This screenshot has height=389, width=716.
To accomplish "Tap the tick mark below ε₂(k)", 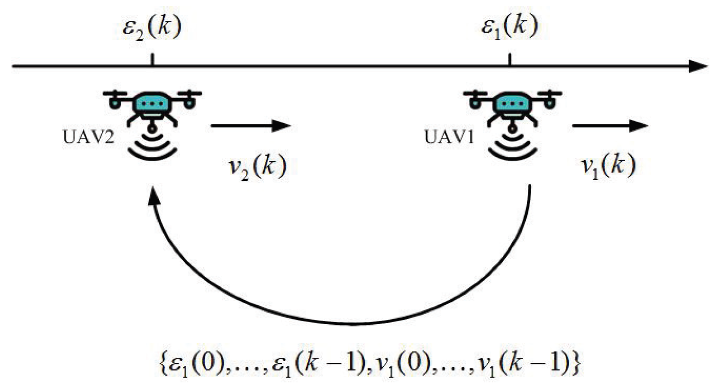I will click(x=152, y=60).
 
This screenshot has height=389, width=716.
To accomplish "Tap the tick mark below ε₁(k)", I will click(x=509, y=60).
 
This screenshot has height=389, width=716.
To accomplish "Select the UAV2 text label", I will click(x=88, y=138).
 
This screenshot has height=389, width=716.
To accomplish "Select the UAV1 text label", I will click(x=449, y=138).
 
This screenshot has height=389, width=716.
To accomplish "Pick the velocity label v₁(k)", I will click(x=608, y=166).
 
